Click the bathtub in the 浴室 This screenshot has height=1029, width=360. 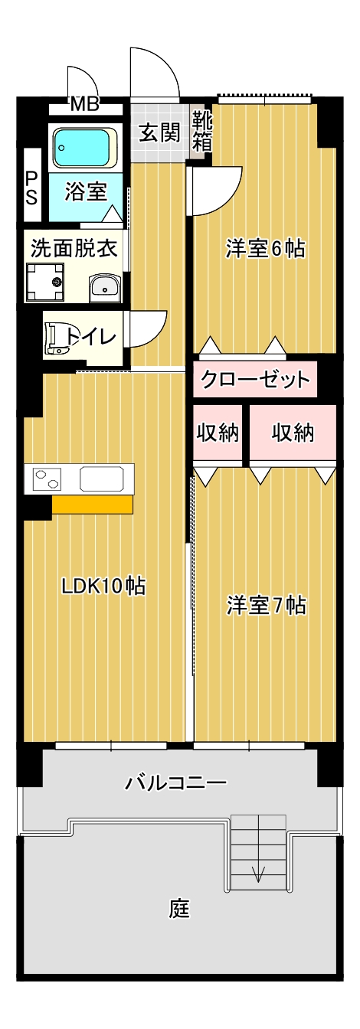click(x=84, y=148)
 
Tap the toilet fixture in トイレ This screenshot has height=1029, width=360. click(x=55, y=339)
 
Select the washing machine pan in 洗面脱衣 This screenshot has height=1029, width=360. click(x=44, y=282)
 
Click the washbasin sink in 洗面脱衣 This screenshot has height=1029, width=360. click(x=104, y=289)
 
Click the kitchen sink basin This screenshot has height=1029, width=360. click(x=102, y=479)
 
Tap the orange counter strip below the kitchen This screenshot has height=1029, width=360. click(x=93, y=504)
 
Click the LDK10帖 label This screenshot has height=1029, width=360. click(x=104, y=586)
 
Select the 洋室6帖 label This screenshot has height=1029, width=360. click(x=265, y=249)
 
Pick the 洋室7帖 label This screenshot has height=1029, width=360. click(x=267, y=605)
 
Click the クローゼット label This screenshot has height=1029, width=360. click(x=256, y=380)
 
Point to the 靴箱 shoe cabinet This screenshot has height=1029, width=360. click(x=202, y=132)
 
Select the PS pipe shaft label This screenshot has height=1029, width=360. click(x=31, y=188)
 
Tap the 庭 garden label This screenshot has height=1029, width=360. click(x=179, y=908)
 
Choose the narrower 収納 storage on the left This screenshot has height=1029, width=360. click(x=218, y=433)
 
